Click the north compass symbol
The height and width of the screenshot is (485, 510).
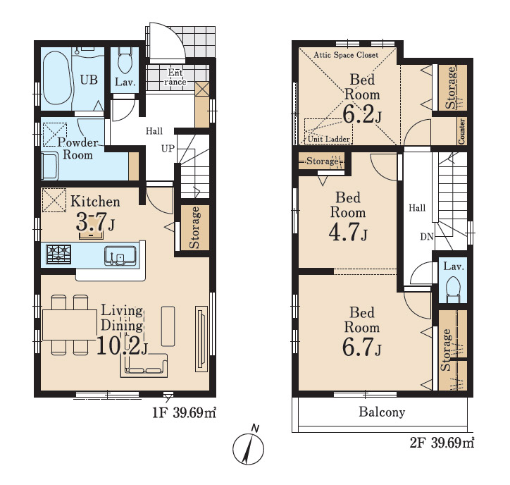[x=248, y=447]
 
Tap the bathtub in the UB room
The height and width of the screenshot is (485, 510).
[x=56, y=78]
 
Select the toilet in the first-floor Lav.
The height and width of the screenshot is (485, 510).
[x=125, y=61]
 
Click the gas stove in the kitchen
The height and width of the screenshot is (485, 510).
[x=58, y=254]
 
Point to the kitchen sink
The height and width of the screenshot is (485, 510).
[x=120, y=256]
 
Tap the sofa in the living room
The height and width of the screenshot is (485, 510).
[x=144, y=365]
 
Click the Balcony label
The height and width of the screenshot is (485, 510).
[x=382, y=412]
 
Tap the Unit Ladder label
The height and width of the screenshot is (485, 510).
[x=328, y=139]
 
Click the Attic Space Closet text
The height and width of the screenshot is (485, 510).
[x=346, y=55]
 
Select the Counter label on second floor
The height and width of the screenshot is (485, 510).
[x=461, y=131]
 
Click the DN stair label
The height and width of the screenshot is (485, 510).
[x=427, y=237]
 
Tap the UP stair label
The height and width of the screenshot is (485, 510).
[x=168, y=149]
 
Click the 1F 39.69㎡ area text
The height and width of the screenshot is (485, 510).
[x=185, y=413]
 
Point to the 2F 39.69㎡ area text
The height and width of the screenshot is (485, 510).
[x=442, y=443]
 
